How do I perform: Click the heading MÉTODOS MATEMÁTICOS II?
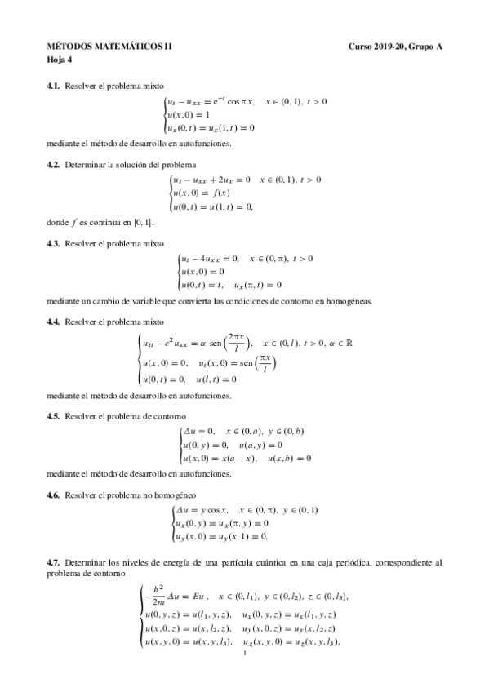point(97,47)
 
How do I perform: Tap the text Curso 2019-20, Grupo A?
point(396,47)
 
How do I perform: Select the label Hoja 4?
point(59,60)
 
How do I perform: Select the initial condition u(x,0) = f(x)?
point(201,193)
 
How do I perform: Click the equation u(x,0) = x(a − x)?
point(217,459)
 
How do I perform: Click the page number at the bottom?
point(244,653)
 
